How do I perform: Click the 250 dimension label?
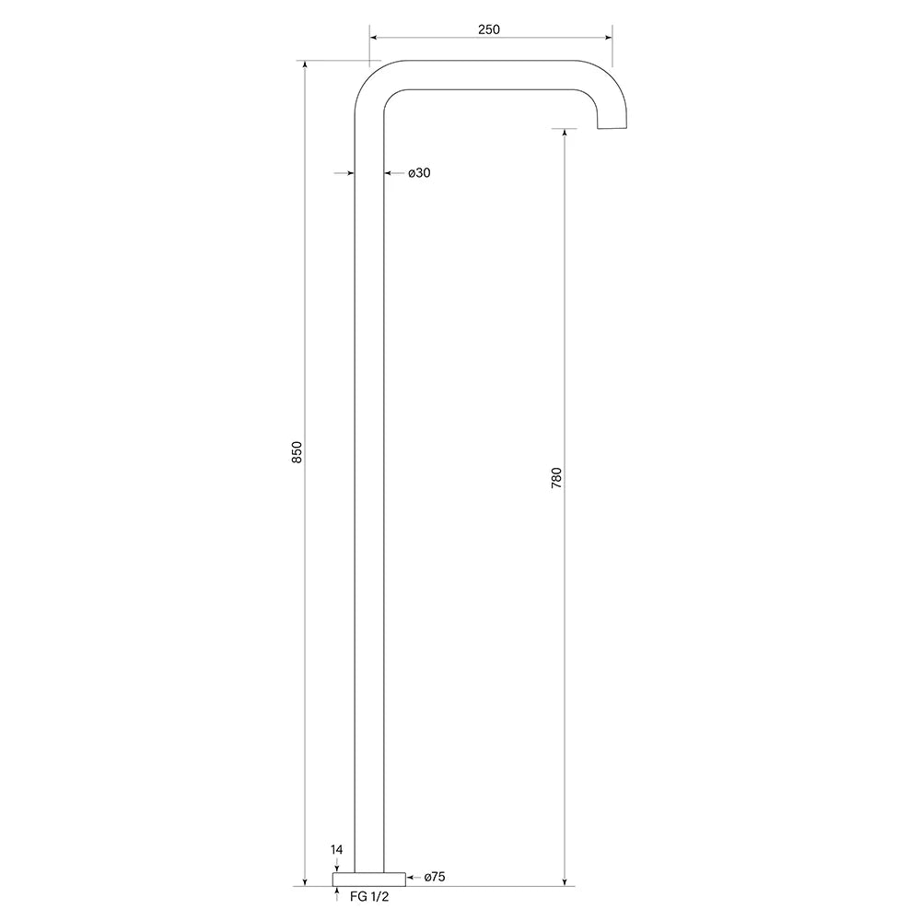pos(489,29)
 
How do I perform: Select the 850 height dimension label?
pos(297,451)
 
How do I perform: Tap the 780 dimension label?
pos(556,478)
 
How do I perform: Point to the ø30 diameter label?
pos(419,173)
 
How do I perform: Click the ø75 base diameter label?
pos(435,877)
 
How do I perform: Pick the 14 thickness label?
pos(336,849)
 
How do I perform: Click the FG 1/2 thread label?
pos(369,896)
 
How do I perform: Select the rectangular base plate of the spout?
pos(369,880)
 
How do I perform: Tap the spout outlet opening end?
pos(612,127)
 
